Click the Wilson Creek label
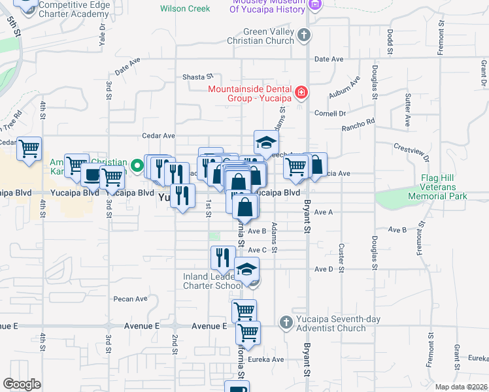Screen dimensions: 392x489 (185, 9)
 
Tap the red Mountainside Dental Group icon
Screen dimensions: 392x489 (301, 93)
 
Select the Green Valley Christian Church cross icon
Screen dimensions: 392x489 (303, 35)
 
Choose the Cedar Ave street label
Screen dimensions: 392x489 (159, 136)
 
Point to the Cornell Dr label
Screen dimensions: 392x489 (329, 113)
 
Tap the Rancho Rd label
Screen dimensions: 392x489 (360, 122)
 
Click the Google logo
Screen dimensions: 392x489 (22, 384)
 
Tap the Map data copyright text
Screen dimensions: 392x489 (462, 387)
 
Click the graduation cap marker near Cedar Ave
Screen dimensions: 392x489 (266, 142)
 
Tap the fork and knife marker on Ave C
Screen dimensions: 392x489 (223, 257)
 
